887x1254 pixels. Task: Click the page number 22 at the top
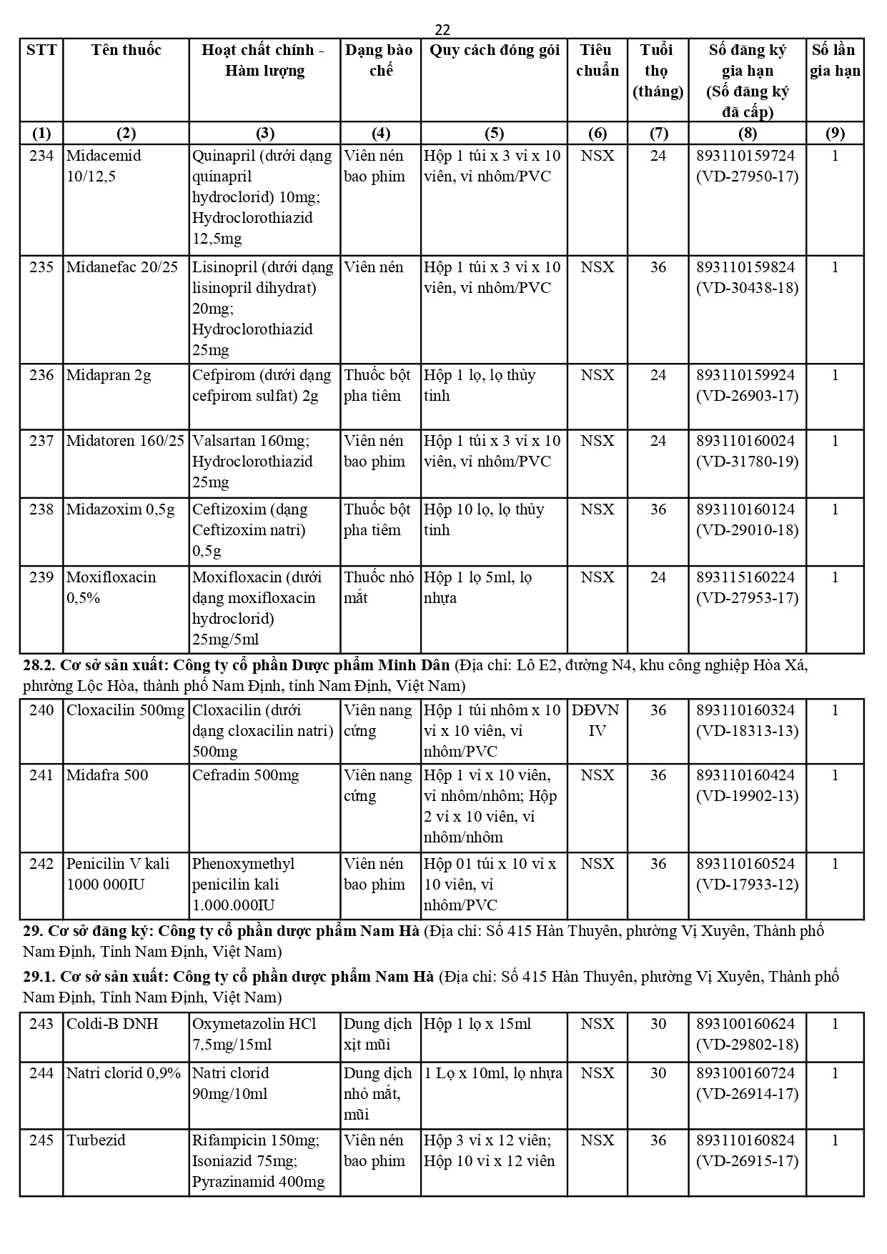pos(442,29)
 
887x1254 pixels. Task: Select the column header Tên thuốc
pos(126,50)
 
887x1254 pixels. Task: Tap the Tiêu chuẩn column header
pos(597,60)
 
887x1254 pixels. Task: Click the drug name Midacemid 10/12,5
pos(104,166)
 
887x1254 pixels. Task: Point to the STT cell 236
pos(41,375)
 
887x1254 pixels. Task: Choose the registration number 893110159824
pos(746,267)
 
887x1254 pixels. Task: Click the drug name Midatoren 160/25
pos(125,441)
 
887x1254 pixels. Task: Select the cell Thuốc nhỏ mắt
pos(379,587)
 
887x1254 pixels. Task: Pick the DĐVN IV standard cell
pos(596,720)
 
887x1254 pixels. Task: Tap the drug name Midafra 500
pos(107,775)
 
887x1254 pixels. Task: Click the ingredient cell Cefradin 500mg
pos(245,775)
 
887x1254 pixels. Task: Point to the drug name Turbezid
pos(96,1140)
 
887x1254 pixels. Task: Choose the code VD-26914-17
pos(747,1094)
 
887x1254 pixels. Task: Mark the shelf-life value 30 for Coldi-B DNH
pos(658,1024)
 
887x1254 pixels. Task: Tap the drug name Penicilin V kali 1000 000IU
pos(118,874)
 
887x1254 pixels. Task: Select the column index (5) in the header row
pos(494,133)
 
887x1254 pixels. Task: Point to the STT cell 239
pos(41,577)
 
